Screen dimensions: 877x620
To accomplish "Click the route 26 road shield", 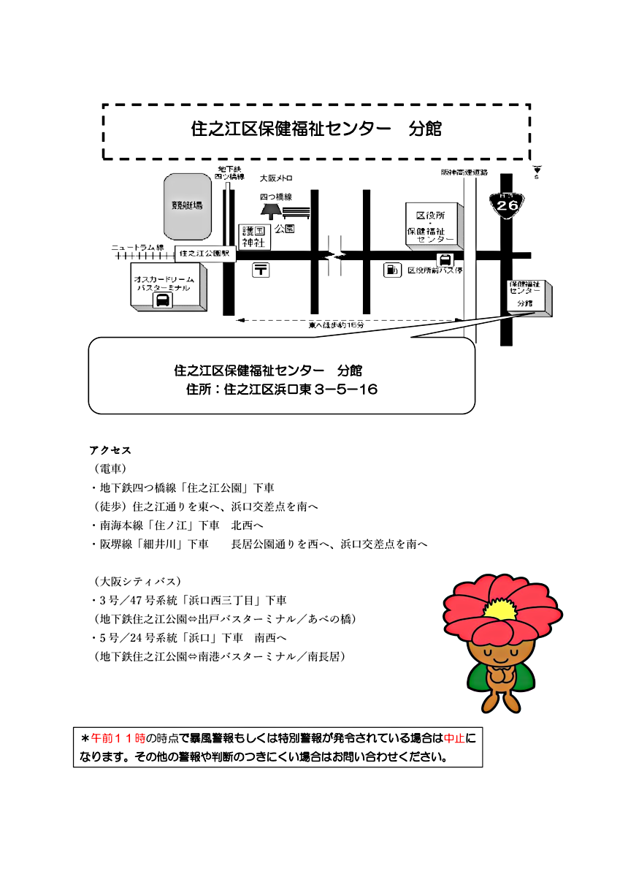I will pos(507,204).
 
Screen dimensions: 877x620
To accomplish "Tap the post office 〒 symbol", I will pos(261,270).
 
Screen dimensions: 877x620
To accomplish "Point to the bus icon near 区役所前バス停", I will pos(443,259).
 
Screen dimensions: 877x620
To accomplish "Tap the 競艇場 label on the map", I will pos(188,205).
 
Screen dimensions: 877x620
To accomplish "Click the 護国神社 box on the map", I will pos(256,236).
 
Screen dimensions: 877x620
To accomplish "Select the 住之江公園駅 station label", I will pos(204,254).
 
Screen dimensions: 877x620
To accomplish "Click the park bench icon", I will pos(296,213).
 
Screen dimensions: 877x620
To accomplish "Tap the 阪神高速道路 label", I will pos(464,173).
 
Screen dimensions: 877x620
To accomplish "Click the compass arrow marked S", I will pos(537,171).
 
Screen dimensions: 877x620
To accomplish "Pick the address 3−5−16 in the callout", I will pos(346,390).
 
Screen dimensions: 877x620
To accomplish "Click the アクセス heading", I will pos(110,449).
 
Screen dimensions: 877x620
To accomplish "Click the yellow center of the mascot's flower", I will pos(497,608).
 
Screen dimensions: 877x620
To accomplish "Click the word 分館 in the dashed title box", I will pos(426,129).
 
